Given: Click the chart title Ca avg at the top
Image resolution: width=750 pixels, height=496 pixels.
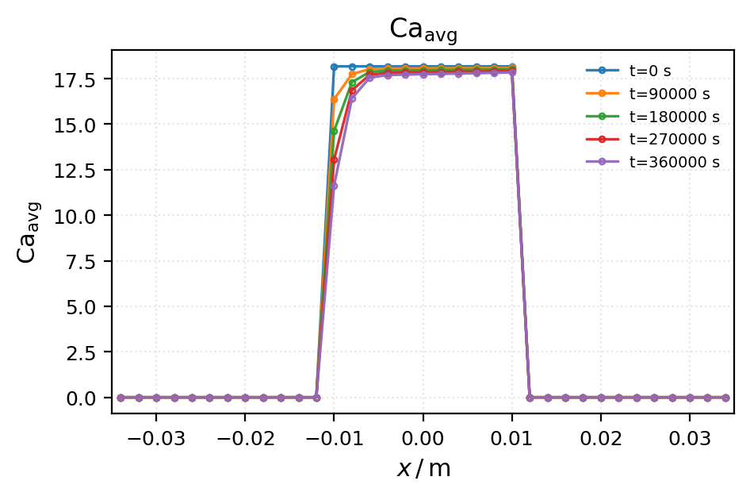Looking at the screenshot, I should point(423,30).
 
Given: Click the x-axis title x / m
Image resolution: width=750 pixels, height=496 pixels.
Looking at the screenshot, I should point(423,469).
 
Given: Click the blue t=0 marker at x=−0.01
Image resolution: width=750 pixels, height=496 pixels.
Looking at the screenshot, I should point(334,67).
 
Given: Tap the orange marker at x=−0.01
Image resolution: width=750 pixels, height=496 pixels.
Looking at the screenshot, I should point(334,100).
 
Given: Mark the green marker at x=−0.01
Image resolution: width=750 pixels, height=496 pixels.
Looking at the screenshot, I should point(334,131).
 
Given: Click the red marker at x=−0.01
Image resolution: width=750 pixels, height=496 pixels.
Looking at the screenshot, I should point(334,160).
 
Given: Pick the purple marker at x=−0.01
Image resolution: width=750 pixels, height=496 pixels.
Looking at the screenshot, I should point(334,186).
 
